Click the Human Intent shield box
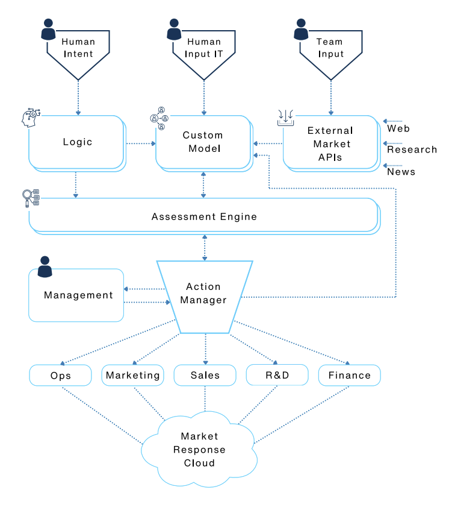tap(78, 48)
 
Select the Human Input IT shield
tap(204, 48)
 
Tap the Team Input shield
tap(330, 48)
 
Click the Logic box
tap(77, 142)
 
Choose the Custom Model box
tap(203, 142)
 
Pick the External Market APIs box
tap(330, 142)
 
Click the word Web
tap(398, 128)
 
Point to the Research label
tap(412, 150)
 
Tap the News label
tap(401, 172)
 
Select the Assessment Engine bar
tap(204, 216)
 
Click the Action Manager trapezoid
tap(204, 294)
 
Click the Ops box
tap(60, 375)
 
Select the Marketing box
tap(132, 375)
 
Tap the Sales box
tap(205, 375)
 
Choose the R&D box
tap(277, 375)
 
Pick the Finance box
tap(349, 375)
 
